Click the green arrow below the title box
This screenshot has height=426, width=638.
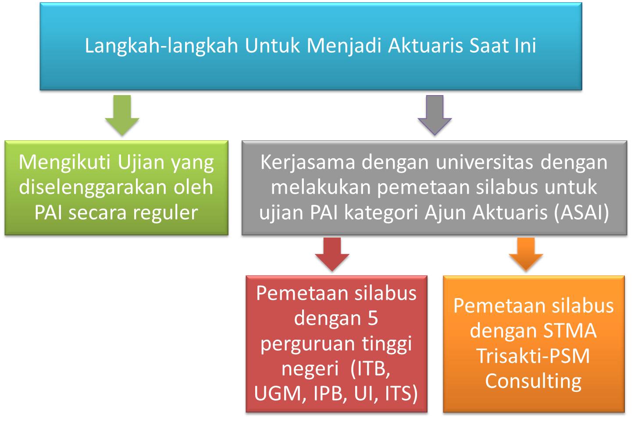point(122,115)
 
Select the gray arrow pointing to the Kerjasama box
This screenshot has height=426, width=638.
point(435,115)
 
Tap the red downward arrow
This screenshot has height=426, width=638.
point(332,254)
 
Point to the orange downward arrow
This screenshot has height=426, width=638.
point(526,254)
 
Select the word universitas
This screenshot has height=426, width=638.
point(484,162)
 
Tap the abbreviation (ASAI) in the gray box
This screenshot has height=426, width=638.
point(581,213)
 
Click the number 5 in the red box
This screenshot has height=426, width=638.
point(373,318)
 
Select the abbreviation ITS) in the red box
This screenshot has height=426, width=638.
point(401,394)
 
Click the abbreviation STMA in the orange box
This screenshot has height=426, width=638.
point(570,331)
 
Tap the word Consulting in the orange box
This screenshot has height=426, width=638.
point(533,382)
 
